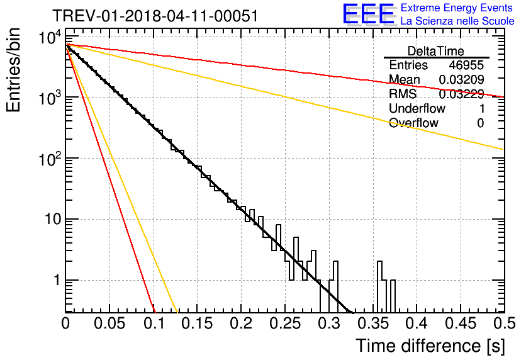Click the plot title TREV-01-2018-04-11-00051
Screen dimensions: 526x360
pos(155,16)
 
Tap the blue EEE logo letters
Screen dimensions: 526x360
pos(368,14)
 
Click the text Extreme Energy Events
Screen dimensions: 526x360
pos(457,8)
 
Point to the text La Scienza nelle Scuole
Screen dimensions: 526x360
pos(457,21)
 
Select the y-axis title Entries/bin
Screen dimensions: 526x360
pos(14,70)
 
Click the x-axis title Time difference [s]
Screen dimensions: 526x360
pos(430,346)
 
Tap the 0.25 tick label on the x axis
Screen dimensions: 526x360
pos(285,323)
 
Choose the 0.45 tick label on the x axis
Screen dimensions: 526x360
pos(461,323)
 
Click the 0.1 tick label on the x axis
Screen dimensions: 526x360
pos(154,323)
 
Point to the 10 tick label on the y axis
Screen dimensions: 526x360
pos(53,220)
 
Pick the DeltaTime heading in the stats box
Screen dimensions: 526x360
pos(436,51)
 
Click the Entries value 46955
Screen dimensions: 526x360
pos(466,65)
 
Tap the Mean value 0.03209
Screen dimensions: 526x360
pos(461,79)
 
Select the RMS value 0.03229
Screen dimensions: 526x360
pos(461,94)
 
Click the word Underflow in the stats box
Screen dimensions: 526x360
pos(417,108)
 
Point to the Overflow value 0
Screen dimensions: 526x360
pos(480,123)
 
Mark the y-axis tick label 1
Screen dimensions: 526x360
pos(57,280)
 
